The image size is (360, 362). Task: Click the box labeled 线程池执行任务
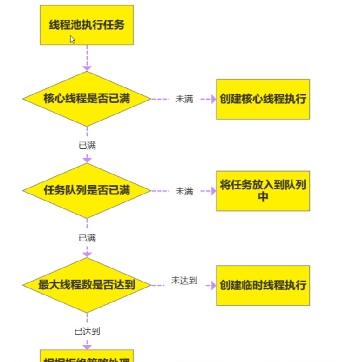(87, 25)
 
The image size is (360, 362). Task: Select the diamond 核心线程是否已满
(87, 99)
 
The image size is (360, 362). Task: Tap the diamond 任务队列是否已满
(87, 191)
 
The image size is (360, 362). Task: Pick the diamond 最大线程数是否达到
(87, 285)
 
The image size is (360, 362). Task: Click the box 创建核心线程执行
(263, 99)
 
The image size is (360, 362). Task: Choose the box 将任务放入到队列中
(263, 191)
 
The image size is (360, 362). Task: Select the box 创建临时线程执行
(263, 285)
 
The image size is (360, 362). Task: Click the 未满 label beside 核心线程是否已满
(184, 99)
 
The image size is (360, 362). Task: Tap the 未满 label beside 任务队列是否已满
(184, 191)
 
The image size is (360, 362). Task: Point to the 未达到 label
(184, 281)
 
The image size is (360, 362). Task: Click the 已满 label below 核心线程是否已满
(87, 146)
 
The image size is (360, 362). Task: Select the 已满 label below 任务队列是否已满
(87, 238)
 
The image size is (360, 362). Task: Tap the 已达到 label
(87, 331)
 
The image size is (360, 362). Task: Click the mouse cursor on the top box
(72, 40)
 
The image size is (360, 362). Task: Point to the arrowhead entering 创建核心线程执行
(213, 99)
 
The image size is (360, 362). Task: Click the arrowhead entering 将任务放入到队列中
(213, 191)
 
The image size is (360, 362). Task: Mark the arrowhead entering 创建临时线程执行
(213, 285)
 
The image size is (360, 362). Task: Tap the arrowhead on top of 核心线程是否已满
(87, 68)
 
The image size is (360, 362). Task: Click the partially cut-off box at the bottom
(87, 356)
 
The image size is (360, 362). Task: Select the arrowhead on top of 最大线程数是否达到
(87, 254)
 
